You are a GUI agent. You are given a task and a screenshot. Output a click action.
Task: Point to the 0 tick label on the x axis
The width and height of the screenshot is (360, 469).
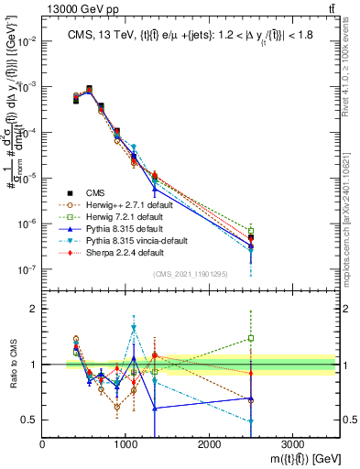[x=43, y=446]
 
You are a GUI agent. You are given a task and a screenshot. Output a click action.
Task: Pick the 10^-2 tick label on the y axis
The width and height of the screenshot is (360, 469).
[x=27, y=41]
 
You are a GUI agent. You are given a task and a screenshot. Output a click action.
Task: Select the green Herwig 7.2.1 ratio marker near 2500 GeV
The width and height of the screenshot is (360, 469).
[x=251, y=338]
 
